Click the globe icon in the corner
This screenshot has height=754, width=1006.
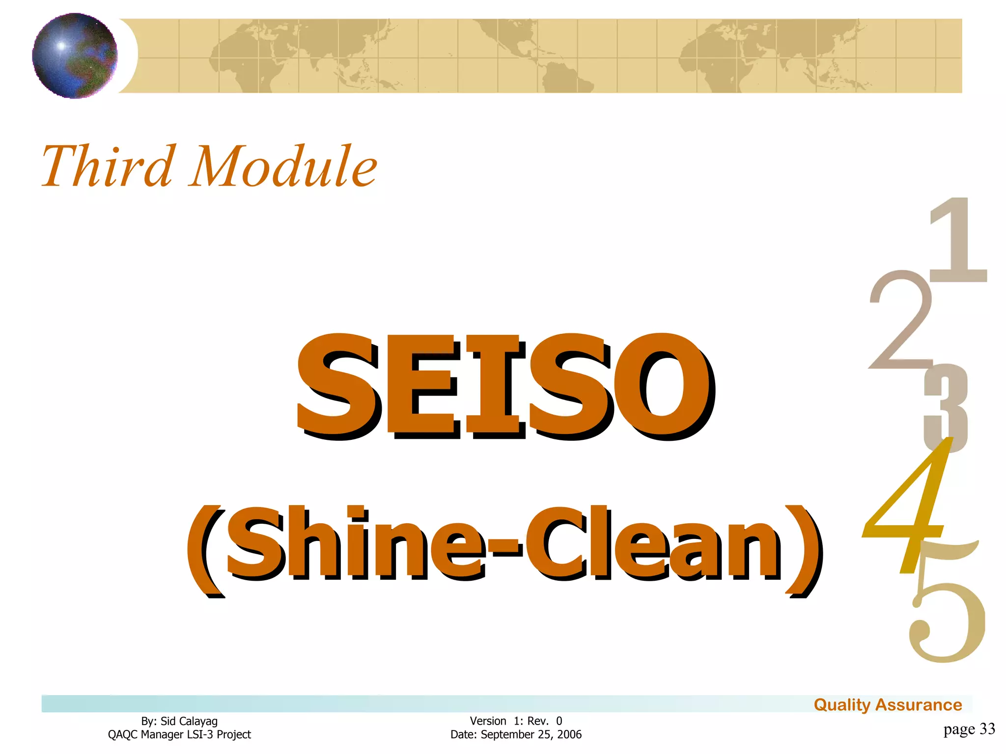75,55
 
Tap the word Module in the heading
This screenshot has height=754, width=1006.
283,167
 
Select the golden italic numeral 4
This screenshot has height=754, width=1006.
909,506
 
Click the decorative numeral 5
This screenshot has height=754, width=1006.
946,614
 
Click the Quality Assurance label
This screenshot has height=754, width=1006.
888,705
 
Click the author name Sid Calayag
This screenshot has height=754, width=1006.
189,721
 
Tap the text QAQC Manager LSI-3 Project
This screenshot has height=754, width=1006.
179,734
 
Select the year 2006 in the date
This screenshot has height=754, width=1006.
569,734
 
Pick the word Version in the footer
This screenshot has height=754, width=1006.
488,721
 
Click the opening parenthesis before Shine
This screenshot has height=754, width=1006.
205,550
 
